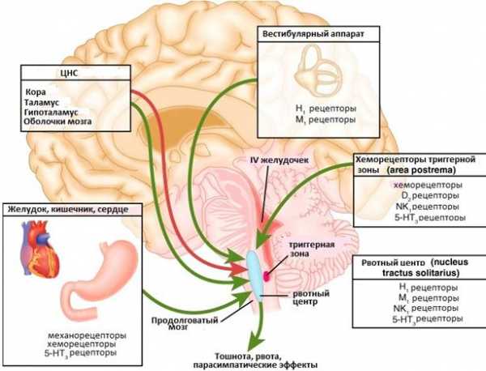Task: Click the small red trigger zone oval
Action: tap(266, 264)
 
